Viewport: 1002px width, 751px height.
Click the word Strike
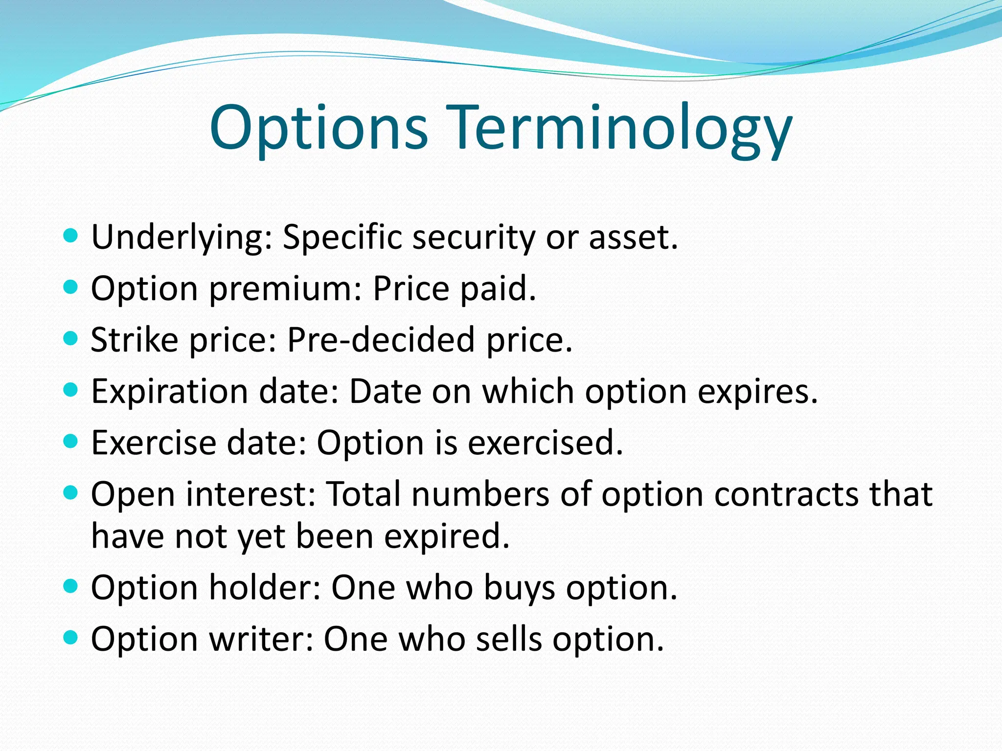135,339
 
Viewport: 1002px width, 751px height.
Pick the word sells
509,639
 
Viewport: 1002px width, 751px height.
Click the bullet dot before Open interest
71,493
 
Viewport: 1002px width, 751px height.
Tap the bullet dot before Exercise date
71,442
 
